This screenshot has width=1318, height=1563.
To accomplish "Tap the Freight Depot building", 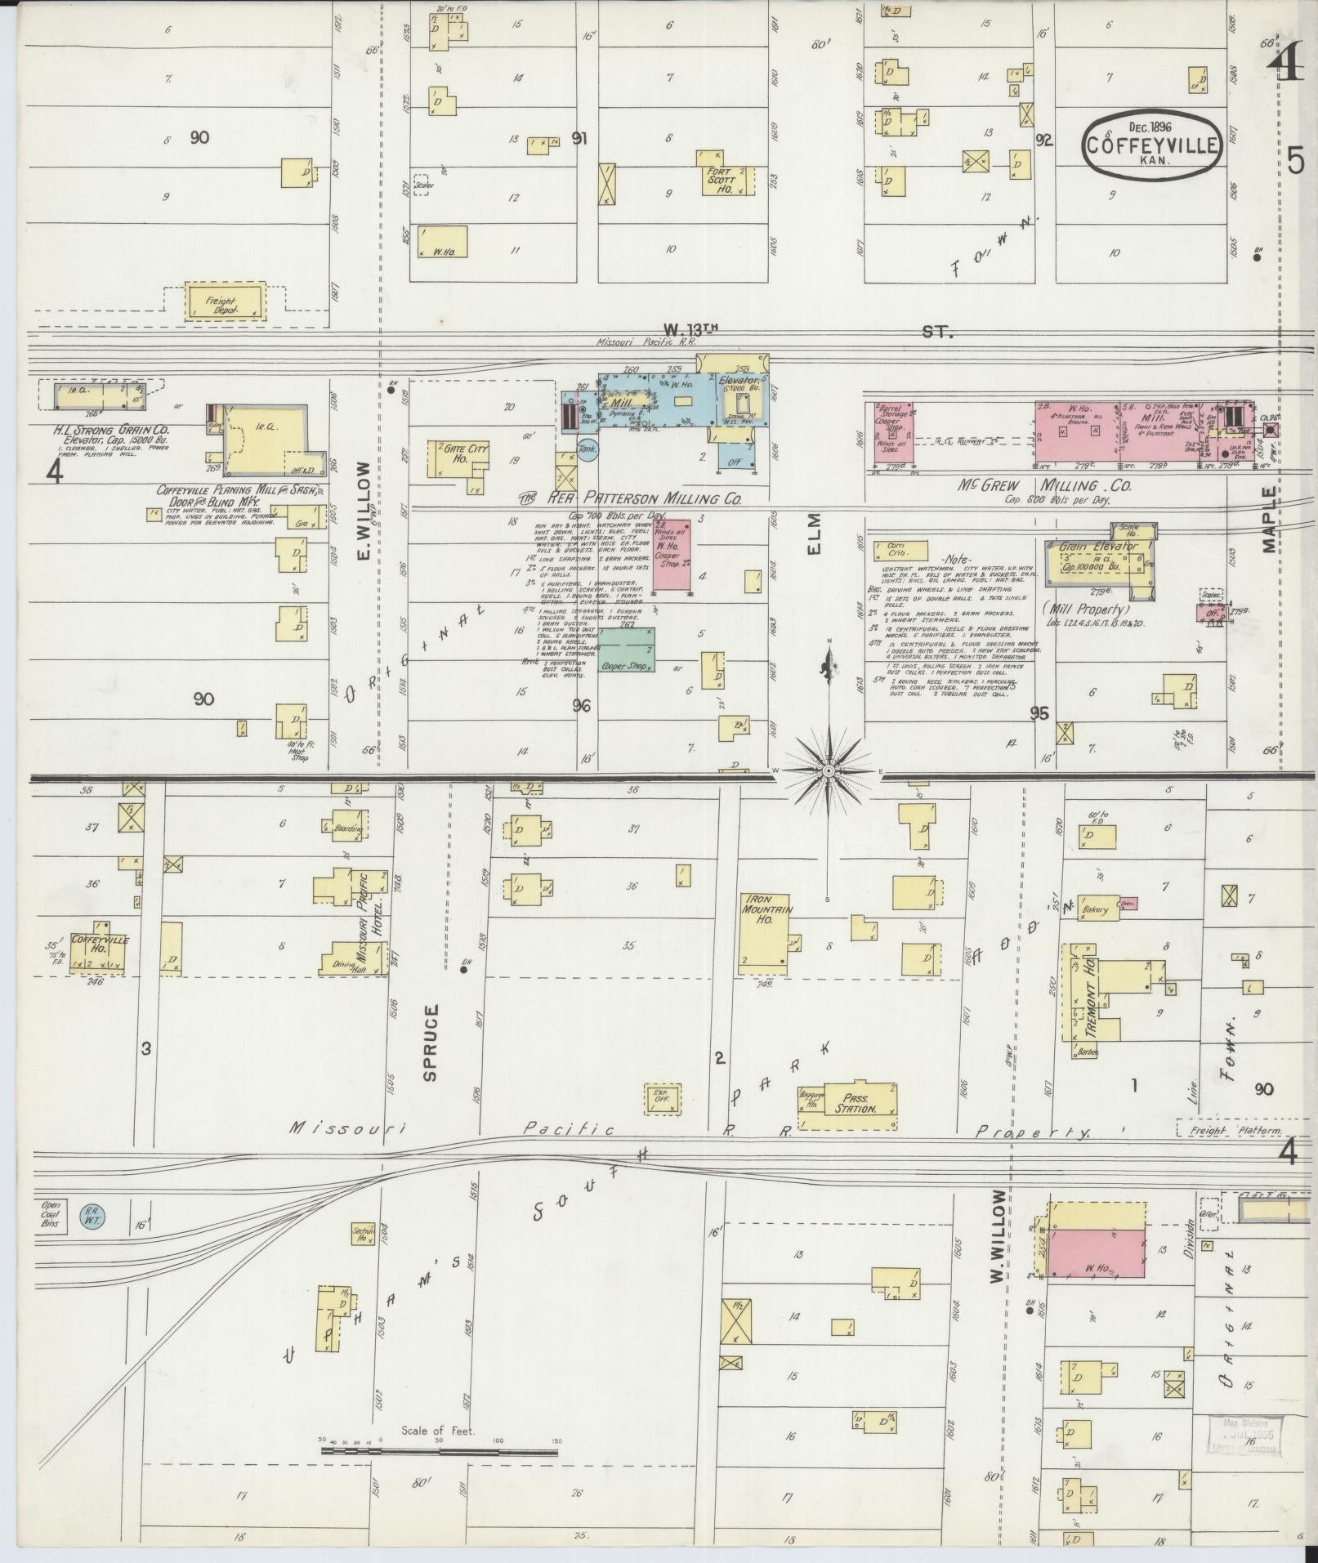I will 225,301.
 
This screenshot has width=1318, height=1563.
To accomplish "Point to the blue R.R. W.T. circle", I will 91,1216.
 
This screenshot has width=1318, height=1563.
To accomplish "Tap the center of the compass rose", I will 829,770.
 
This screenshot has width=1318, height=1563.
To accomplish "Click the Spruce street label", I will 431,1042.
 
